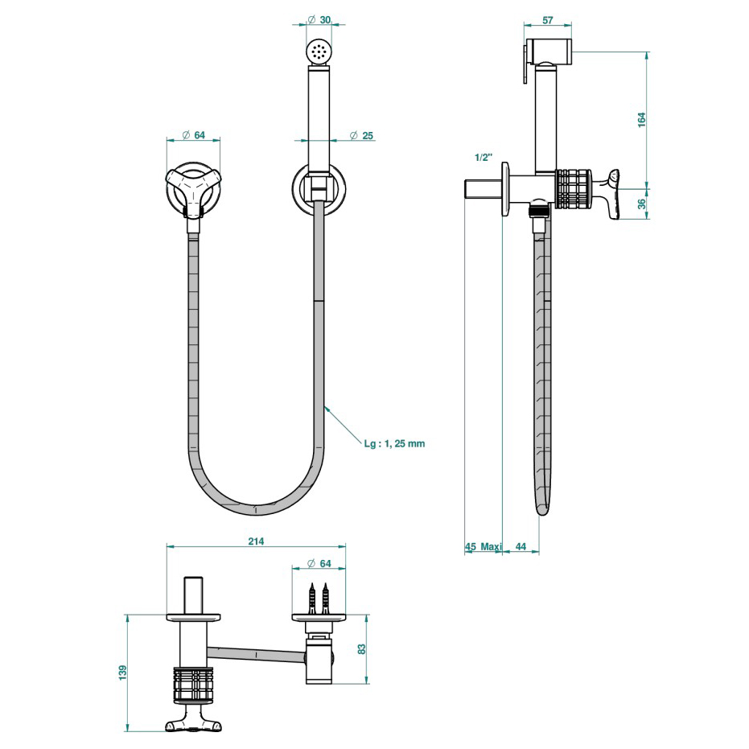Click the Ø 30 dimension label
pos(319,19)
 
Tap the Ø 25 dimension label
pos(361,136)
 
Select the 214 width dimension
pos(256,541)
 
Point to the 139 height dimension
pos(123,672)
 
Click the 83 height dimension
pos(361,648)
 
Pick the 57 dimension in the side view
pos(548,20)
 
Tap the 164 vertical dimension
pos(641,119)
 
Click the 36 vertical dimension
pos(641,204)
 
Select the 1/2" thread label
pos(484,157)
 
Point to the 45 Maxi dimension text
pos(483,546)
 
